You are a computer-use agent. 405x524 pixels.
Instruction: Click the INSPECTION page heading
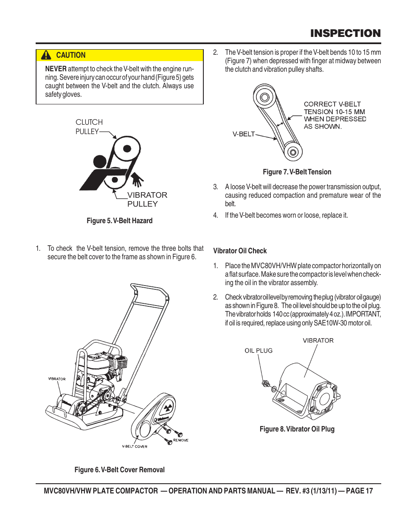coord(345,34)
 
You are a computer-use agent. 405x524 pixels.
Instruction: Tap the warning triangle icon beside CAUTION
coord(46,55)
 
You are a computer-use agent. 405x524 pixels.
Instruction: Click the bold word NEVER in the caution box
coord(56,69)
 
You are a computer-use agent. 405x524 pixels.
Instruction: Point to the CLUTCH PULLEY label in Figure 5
coord(89,126)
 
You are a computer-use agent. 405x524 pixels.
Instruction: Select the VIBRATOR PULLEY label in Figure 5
coord(147,199)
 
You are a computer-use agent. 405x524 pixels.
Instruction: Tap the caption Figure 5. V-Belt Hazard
coord(119,221)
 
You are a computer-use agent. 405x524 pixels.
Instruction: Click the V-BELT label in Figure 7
coord(244,134)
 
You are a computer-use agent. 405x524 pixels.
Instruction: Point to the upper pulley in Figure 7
coord(265,97)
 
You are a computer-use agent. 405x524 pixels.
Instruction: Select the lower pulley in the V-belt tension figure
coord(292,152)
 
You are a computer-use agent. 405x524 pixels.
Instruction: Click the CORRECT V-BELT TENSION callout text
coord(335,115)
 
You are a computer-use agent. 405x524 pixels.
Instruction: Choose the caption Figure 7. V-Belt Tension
coord(297,172)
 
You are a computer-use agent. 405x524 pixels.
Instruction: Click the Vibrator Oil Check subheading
coord(240,251)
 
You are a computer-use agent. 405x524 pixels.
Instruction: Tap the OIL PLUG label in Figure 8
coord(259,350)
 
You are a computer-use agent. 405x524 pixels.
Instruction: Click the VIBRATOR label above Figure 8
coord(318,340)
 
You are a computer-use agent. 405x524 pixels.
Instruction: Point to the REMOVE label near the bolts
coord(180,440)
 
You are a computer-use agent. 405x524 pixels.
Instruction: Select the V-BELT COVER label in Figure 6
coord(135,446)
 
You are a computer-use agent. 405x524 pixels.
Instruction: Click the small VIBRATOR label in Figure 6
coord(57,379)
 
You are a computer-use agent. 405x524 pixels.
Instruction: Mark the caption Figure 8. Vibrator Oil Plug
coord(297,429)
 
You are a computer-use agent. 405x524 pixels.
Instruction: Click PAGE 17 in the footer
coord(359,491)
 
